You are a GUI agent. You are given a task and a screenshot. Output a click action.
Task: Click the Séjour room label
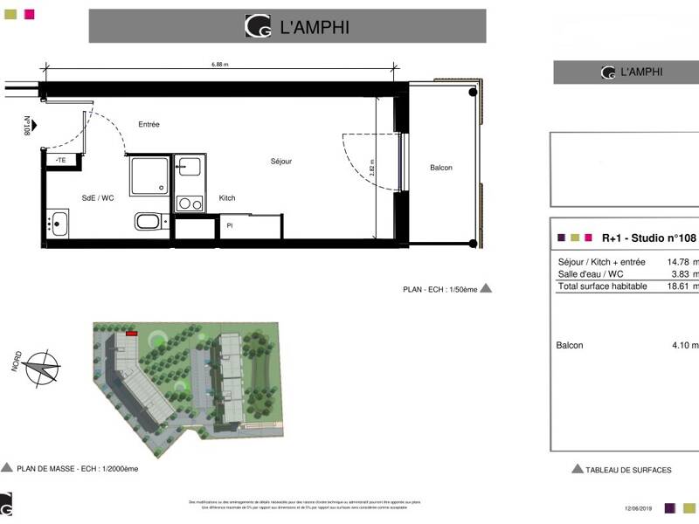click(280, 162)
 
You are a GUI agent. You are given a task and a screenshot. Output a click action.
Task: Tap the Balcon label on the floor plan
click(441, 168)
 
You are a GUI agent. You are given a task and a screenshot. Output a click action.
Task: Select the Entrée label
click(149, 125)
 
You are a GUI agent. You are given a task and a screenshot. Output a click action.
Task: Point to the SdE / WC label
click(98, 198)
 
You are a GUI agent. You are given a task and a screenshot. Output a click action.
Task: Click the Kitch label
click(227, 198)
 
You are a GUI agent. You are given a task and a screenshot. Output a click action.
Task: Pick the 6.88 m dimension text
click(221, 64)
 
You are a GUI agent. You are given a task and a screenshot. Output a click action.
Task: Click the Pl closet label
click(229, 225)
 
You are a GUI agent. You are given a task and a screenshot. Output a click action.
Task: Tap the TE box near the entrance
click(61, 161)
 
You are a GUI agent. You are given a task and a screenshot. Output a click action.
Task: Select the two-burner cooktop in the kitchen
click(188, 203)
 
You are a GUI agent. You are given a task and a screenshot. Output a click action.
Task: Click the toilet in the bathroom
click(147, 221)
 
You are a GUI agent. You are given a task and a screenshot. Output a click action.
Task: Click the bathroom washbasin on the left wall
click(59, 223)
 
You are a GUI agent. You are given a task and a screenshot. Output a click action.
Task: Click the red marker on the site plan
click(132, 333)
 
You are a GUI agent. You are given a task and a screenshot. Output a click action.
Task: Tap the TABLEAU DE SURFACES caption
click(627, 470)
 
